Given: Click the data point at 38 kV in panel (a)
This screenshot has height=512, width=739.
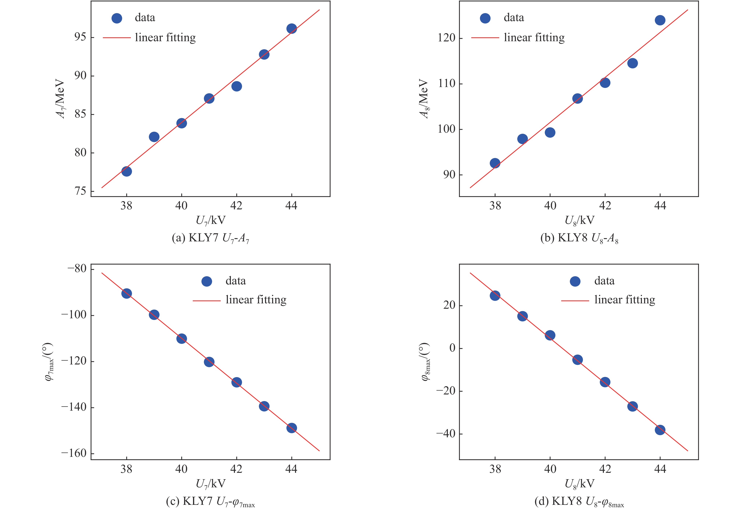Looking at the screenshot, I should click(126, 171).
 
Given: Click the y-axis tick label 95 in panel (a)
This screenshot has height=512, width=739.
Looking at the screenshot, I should click(80, 37).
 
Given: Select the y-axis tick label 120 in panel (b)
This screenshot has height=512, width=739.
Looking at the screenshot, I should click(446, 38).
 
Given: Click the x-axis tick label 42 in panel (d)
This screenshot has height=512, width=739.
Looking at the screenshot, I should click(605, 469).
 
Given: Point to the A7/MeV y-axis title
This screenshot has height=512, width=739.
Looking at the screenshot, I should click(61, 99).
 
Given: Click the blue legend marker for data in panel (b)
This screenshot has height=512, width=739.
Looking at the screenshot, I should click(485, 18).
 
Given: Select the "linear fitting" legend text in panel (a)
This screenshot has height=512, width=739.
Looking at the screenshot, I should click(165, 38).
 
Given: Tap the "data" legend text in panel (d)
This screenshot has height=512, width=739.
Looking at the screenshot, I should click(604, 281).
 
